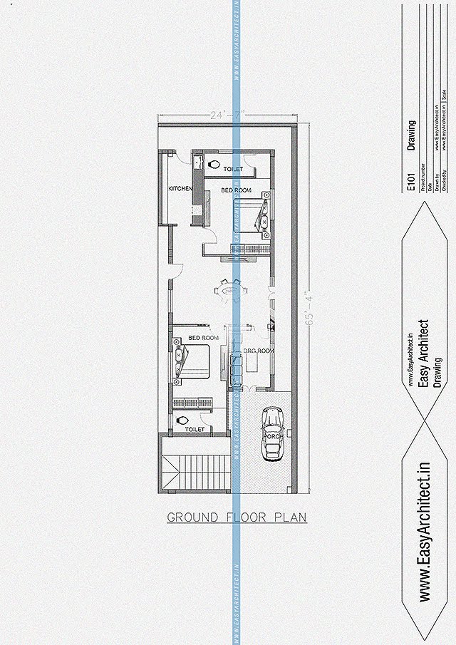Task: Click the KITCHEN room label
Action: point(180,188)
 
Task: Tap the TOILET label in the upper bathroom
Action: point(232,169)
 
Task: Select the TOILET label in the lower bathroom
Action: point(195,429)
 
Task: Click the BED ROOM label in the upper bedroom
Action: point(235,190)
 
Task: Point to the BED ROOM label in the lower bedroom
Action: point(203,337)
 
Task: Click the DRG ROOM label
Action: point(259,351)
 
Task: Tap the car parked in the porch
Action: point(273,433)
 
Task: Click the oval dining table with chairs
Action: point(231,290)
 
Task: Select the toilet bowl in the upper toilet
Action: point(213,165)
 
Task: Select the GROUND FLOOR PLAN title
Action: point(237,517)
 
